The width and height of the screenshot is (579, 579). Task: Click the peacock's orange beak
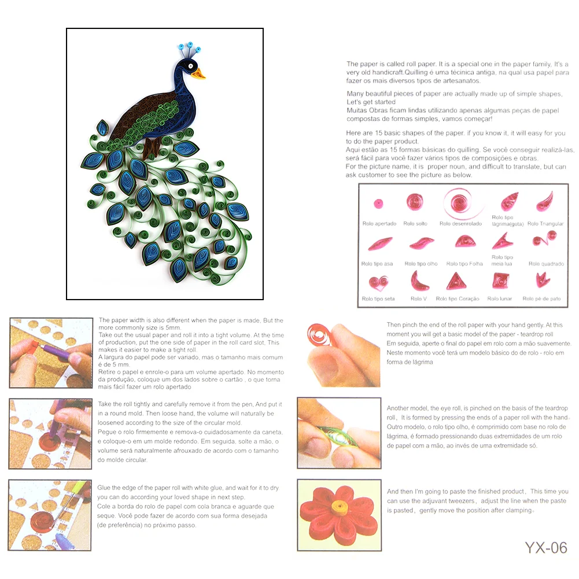pyautogui.click(x=199, y=73)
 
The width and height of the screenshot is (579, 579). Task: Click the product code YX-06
pyautogui.click(x=545, y=547)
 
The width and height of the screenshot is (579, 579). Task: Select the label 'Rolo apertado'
pyautogui.click(x=379, y=223)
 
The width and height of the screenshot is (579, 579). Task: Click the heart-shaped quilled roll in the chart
pyautogui.click(x=378, y=283)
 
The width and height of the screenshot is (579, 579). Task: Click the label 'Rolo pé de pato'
pyautogui.click(x=541, y=298)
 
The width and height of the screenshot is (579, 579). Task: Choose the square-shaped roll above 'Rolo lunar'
pyautogui.click(x=500, y=281)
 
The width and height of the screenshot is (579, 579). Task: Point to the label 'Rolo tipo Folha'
pyautogui.click(x=464, y=264)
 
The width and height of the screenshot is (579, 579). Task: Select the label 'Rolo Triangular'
pyautogui.click(x=545, y=223)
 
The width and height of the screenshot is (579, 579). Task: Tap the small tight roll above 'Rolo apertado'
pyautogui.click(x=379, y=204)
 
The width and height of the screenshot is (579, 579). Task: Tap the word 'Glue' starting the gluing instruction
pyautogui.click(x=105, y=488)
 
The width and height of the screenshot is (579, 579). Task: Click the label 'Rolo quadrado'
pyautogui.click(x=545, y=264)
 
